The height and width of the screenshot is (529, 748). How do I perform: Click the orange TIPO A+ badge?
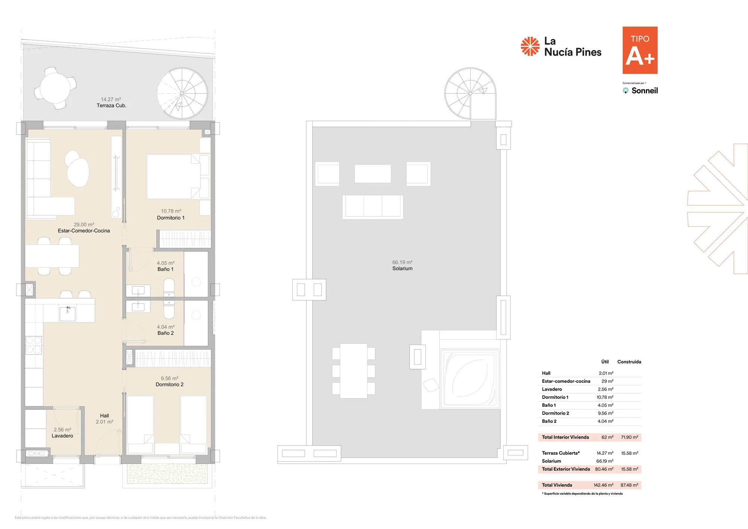[x=640, y=50]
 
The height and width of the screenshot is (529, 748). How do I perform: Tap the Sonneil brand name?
[x=644, y=91]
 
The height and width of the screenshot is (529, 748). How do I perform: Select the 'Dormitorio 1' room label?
[x=171, y=218]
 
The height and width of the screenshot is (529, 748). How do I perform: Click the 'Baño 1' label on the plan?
[x=165, y=269]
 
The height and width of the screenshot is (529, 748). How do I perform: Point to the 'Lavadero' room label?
[x=62, y=436]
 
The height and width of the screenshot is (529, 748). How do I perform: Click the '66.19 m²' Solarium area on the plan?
[x=402, y=262]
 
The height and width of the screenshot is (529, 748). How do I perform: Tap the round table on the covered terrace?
[x=55, y=88]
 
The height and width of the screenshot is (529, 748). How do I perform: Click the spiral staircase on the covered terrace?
[x=182, y=93]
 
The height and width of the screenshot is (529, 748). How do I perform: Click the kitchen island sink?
[x=68, y=314]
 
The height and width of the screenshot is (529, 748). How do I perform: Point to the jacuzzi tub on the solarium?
[x=470, y=378]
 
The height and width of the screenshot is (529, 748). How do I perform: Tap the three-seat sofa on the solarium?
[x=373, y=207]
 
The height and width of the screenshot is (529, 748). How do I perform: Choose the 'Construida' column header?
[x=629, y=362]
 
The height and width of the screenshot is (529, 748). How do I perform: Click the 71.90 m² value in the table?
[x=629, y=437]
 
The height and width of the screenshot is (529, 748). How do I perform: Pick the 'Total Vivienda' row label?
[x=557, y=485]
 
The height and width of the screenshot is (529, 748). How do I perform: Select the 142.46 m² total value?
[x=603, y=485]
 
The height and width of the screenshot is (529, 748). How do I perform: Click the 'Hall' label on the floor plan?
[x=104, y=416]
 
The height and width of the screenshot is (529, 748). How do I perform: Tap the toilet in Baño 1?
[x=169, y=288]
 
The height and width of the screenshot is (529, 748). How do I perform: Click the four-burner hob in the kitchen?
[x=34, y=345]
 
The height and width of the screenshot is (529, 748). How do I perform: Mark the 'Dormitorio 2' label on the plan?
[x=169, y=385]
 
